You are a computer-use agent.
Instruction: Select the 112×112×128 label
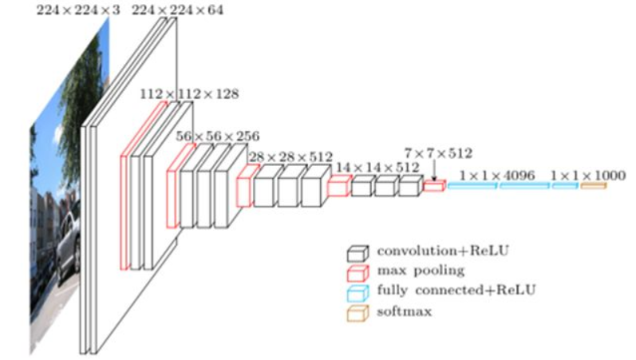(189, 93)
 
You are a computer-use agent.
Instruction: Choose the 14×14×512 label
(377, 166)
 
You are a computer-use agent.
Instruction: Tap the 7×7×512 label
(437, 152)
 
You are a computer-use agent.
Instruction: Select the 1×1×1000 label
(587, 174)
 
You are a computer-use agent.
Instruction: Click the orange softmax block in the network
(593, 186)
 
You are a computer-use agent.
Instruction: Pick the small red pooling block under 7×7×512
(433, 186)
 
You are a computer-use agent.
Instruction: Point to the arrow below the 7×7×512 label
(434, 170)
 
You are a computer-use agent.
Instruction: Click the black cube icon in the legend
(356, 254)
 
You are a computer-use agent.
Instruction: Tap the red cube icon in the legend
(356, 273)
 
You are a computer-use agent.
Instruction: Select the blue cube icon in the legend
(356, 292)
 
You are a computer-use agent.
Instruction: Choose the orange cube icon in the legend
(356, 311)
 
